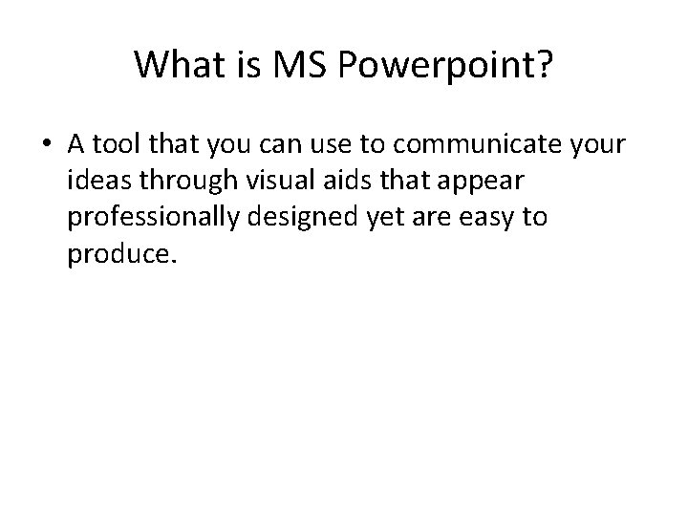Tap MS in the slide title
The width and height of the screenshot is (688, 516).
[x=290, y=65]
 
